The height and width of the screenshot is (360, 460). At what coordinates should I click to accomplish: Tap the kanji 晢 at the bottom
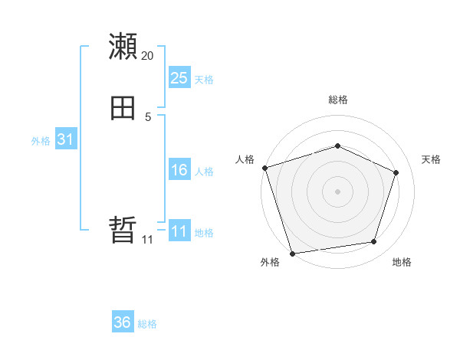(x=123, y=230)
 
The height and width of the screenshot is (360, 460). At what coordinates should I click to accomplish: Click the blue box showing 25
(x=179, y=77)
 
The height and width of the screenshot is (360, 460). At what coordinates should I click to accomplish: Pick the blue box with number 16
(x=179, y=170)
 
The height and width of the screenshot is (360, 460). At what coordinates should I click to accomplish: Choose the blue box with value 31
(x=65, y=139)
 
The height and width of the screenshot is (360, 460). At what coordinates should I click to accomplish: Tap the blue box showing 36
(x=123, y=322)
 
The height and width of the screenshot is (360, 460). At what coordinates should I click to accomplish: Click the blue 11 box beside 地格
(x=179, y=231)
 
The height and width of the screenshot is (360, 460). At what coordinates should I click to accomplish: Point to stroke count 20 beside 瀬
(x=148, y=56)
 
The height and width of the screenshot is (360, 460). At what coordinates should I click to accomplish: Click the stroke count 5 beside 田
(x=148, y=117)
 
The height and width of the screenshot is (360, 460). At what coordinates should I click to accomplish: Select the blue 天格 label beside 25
(x=204, y=80)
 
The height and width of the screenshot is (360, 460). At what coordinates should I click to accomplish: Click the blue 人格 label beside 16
(x=204, y=172)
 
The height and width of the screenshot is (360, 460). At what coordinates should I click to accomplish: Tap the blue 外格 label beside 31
(x=41, y=141)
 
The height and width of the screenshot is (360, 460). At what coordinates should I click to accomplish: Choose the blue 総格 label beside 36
(x=147, y=324)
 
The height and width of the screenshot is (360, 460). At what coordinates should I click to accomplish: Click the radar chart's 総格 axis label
(x=337, y=100)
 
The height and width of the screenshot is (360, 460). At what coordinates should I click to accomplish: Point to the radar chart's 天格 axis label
(x=432, y=159)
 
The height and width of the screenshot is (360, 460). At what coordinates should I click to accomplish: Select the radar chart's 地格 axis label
(x=402, y=262)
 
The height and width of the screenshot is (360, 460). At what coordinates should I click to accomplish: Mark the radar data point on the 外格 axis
(x=292, y=252)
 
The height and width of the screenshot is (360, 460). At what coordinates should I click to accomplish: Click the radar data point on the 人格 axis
(x=264, y=168)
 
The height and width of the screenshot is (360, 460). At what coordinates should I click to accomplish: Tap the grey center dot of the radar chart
(x=337, y=191)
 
